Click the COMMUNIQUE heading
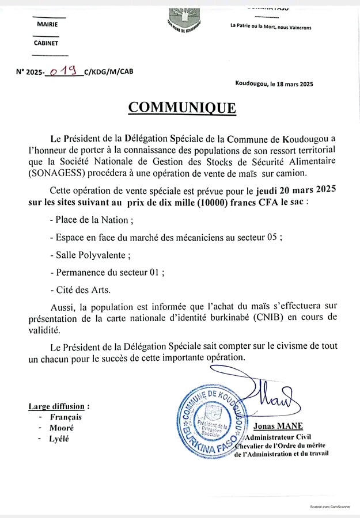pos(181,108)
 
